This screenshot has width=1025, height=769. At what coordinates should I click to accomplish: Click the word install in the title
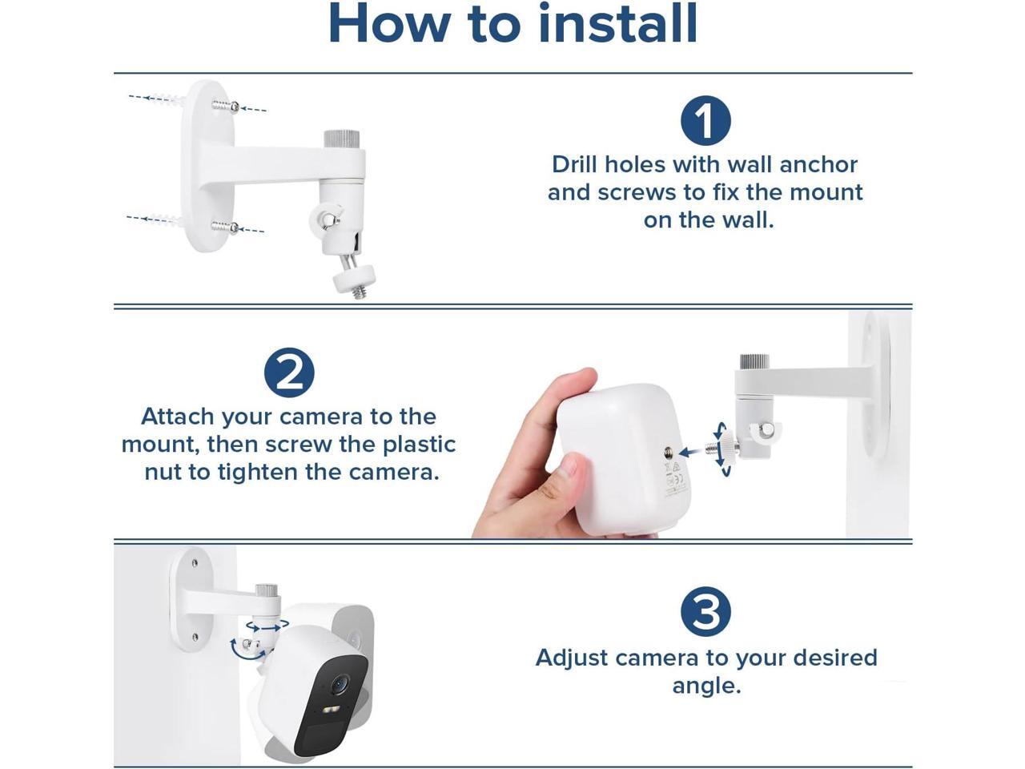pos(617,23)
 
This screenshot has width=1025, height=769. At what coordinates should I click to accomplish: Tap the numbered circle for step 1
pos(705,120)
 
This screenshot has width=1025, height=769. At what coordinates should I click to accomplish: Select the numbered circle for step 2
pos(289,372)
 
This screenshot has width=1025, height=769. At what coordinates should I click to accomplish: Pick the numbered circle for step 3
pos(705,612)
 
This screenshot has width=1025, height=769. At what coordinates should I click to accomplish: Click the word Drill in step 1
pos(575,164)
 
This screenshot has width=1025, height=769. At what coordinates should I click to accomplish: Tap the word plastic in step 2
pos(419,445)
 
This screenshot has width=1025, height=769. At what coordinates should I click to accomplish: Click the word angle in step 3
pos(706,686)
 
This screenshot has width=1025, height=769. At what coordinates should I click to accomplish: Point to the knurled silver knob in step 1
pos(342,140)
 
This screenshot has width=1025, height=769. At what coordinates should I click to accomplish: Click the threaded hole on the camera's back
pos(668,451)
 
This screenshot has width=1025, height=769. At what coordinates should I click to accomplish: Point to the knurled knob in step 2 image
pos(754,363)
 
